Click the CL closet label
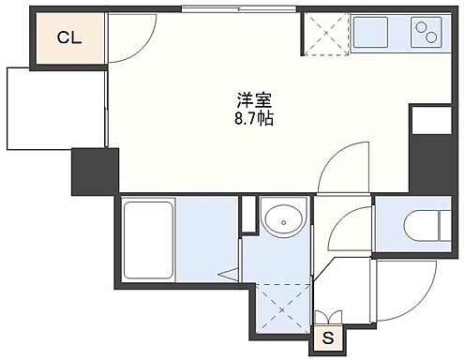[67, 38]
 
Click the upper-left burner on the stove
[418, 26]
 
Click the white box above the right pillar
[430, 121]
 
